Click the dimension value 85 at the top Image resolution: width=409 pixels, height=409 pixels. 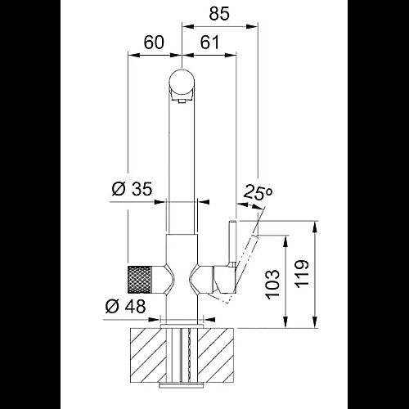click(x=219, y=14)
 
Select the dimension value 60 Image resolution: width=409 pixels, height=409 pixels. click(x=154, y=43)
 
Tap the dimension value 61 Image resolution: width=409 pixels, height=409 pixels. click(x=209, y=43)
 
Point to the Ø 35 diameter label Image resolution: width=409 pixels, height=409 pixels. click(x=132, y=189)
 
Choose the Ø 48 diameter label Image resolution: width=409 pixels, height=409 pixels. click(x=125, y=306)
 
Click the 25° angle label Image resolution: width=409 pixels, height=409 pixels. click(x=257, y=192)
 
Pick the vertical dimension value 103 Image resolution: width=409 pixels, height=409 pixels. click(x=273, y=285)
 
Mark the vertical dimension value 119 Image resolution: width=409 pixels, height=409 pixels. click(x=302, y=273)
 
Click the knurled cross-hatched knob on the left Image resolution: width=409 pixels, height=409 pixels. click(x=139, y=280)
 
